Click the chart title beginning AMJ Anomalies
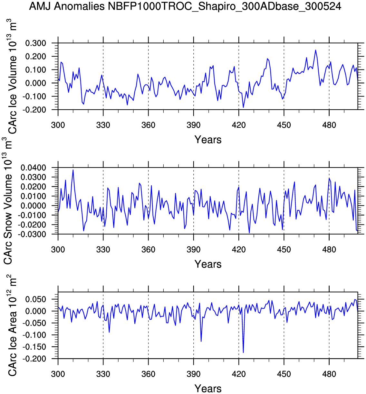[185, 6]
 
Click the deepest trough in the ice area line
[243, 353]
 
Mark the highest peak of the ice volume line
[315, 50]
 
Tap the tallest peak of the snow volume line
[73, 170]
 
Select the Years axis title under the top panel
[208, 140]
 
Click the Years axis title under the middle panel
[208, 264]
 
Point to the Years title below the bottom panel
[208, 388]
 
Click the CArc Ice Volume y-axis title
[12, 77]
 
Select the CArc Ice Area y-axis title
[12, 325]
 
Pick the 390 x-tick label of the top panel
[193, 125]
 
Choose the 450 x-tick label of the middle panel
[284, 249]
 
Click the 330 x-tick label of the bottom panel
[103, 374]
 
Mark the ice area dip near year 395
[201, 341]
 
